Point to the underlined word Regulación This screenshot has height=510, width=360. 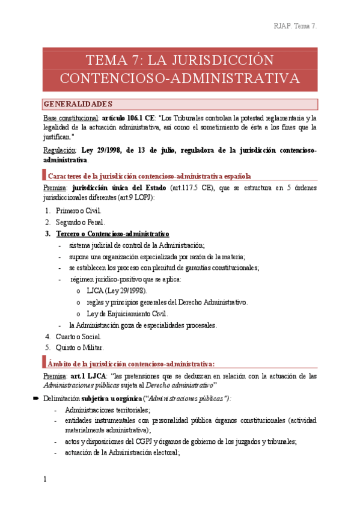pos(59,150)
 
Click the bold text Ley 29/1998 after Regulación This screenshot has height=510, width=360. pos(103,150)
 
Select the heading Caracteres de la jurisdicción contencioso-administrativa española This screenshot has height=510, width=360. pos(149,176)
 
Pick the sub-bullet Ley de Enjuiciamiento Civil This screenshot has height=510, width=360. pos(127,313)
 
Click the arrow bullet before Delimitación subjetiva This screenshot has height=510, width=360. pos(36,399)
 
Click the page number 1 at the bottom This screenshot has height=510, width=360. pos(44,479)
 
